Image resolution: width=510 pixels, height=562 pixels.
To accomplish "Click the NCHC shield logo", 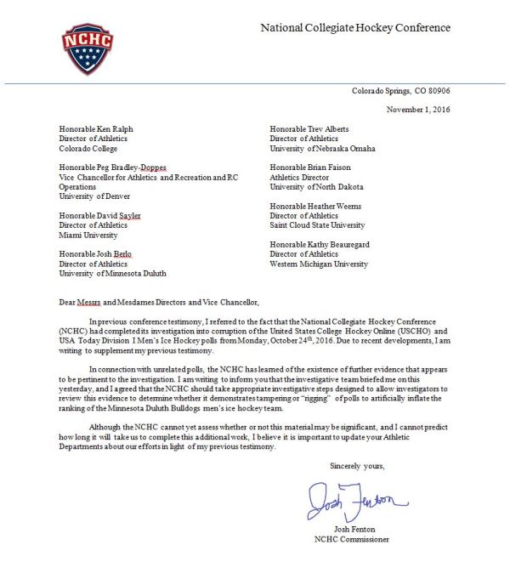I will [88, 48].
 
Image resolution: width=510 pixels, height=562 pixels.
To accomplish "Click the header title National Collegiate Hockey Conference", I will [355, 28].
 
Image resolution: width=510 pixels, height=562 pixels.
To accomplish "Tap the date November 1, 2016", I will [418, 109].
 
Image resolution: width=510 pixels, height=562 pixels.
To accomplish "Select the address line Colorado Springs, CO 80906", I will [401, 91].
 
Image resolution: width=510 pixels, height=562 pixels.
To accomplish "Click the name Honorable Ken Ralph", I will [96, 129].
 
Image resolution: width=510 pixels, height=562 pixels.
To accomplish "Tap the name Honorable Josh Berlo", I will [95, 254].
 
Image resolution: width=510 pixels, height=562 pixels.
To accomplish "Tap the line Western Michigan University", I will [319, 264].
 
